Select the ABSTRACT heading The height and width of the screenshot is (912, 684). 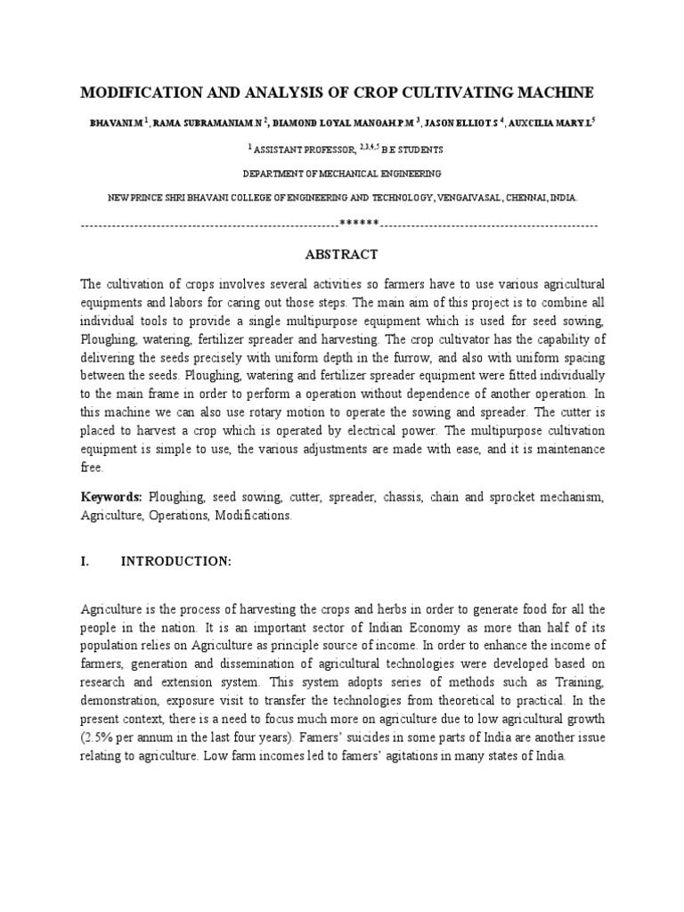click(342, 255)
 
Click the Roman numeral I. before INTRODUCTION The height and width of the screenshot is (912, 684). click(85, 562)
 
